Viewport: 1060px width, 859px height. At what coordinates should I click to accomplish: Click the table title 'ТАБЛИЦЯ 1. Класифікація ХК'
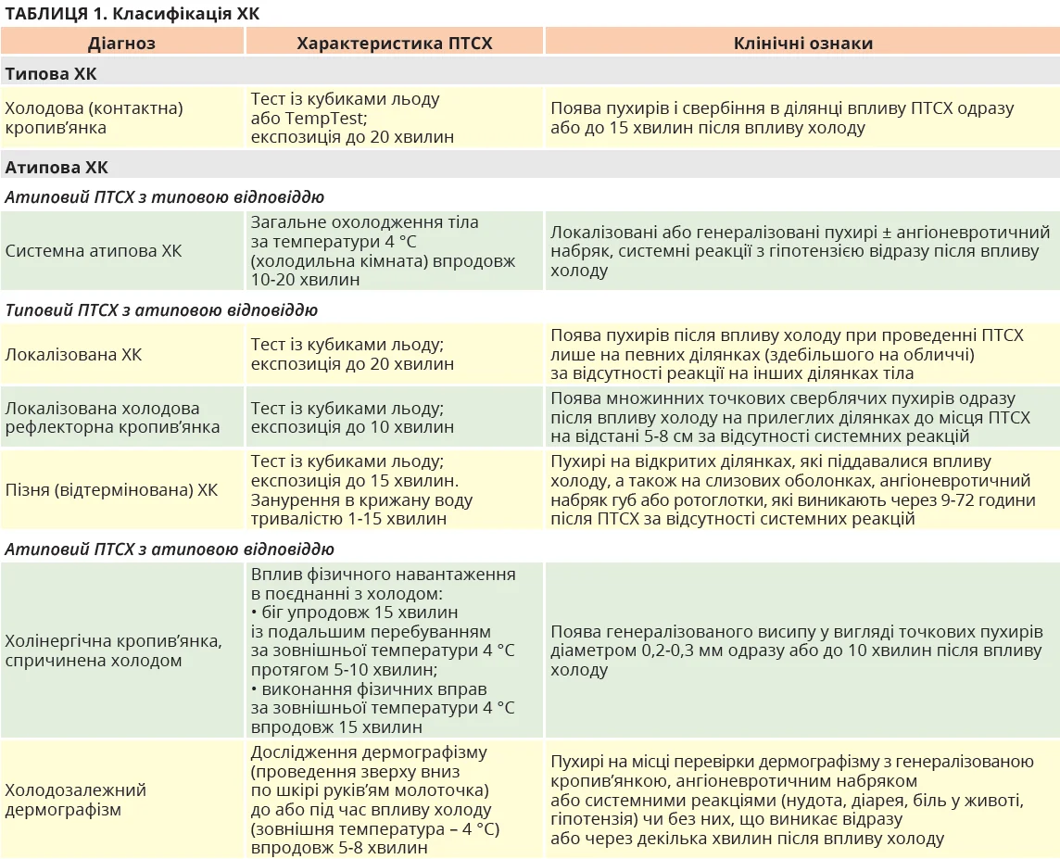pyautogui.click(x=132, y=13)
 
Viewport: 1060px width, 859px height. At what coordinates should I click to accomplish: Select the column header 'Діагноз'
pyautogui.click(x=121, y=43)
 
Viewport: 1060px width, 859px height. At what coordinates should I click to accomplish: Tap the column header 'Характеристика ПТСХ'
pyautogui.click(x=394, y=43)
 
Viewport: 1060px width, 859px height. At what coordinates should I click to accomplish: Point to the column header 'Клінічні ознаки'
pyautogui.click(x=802, y=43)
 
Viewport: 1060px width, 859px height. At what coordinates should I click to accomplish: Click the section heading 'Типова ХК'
pyautogui.click(x=51, y=74)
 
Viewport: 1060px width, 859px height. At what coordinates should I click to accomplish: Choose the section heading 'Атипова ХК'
pyautogui.click(x=57, y=168)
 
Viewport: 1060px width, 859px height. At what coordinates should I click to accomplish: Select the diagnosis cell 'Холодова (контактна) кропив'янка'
pyautogui.click(x=94, y=118)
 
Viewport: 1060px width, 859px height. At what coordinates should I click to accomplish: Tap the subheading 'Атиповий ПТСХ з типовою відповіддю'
pyautogui.click(x=165, y=197)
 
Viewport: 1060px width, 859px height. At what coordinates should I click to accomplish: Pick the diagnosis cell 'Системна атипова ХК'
pyautogui.click(x=94, y=251)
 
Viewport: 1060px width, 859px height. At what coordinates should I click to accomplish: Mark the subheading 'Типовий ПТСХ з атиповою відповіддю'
pyautogui.click(x=161, y=310)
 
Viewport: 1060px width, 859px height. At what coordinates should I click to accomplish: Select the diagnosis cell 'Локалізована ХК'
pyautogui.click(x=74, y=355)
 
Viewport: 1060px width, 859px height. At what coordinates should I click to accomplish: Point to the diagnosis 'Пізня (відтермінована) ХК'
pyautogui.click(x=111, y=489)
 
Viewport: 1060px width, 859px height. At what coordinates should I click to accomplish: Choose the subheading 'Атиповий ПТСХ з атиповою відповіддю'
pyautogui.click(x=170, y=550)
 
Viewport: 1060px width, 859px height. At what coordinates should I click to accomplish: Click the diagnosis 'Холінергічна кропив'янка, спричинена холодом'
pyautogui.click(x=113, y=651)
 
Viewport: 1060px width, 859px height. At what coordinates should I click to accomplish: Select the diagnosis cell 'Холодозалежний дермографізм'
pyautogui.click(x=76, y=800)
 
